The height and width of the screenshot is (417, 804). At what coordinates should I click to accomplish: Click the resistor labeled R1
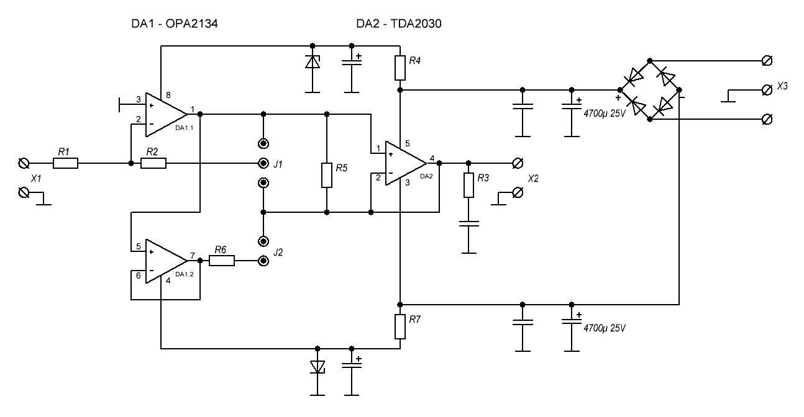click(65, 164)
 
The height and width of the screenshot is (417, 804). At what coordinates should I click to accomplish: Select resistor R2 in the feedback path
click(153, 164)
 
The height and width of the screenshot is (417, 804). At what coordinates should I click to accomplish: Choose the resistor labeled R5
click(326, 176)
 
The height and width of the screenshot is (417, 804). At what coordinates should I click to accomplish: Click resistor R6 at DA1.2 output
click(222, 261)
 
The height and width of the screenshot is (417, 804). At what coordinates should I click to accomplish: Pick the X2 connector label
click(533, 178)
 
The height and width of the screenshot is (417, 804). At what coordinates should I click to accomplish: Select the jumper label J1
click(278, 164)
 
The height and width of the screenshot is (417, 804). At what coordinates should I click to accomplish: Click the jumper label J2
click(278, 253)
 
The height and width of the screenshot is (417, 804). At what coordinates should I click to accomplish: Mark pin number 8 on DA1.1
click(168, 96)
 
